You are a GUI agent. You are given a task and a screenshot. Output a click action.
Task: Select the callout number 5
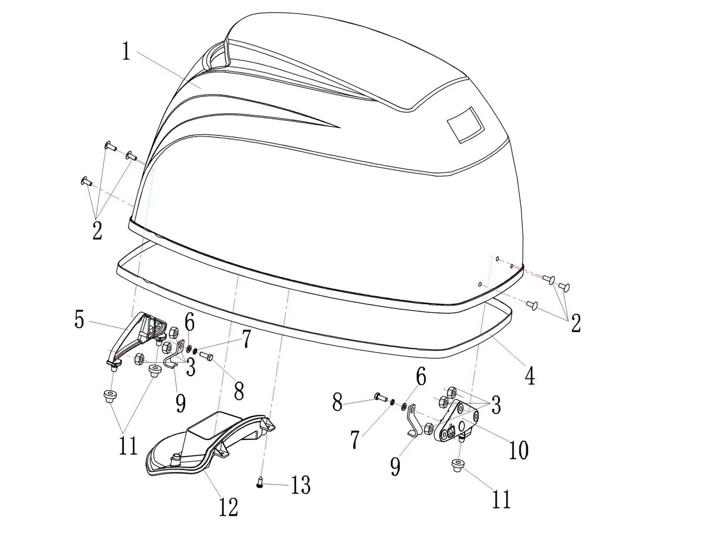coord(79,320)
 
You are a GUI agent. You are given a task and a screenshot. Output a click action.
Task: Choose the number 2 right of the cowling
coord(576,323)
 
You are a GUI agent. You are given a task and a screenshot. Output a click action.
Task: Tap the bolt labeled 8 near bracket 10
coord(381,397)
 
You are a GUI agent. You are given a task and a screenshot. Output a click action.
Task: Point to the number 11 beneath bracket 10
coord(501,499)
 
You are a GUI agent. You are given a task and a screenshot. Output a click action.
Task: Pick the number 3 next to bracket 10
coord(496,405)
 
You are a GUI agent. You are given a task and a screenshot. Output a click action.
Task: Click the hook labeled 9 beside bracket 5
coord(174,356)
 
